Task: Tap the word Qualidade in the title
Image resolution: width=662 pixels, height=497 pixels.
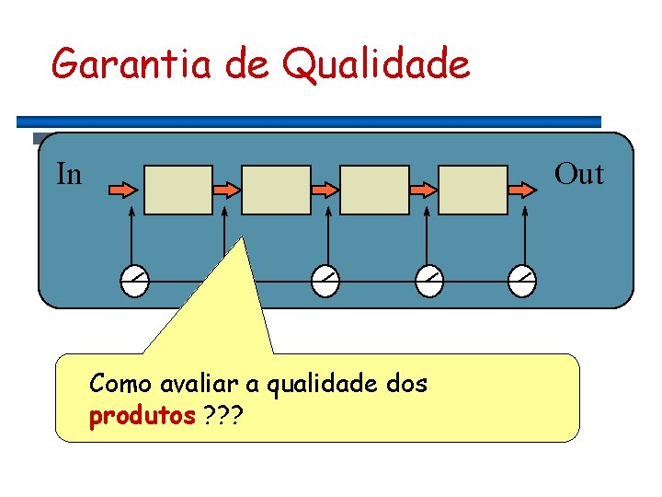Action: (x=377, y=65)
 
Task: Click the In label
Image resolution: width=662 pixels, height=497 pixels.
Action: (x=69, y=174)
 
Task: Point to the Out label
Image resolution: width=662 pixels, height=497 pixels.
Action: (x=579, y=174)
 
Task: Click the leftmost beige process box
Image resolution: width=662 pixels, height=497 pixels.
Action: (x=178, y=189)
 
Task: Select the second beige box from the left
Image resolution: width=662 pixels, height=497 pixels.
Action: (x=276, y=189)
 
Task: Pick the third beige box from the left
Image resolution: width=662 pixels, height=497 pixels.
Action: (x=374, y=189)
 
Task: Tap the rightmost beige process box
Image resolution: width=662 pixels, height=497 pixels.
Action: (x=473, y=189)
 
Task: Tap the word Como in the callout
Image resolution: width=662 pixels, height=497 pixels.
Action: (x=121, y=384)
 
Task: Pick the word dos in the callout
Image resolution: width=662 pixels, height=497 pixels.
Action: (x=407, y=384)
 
